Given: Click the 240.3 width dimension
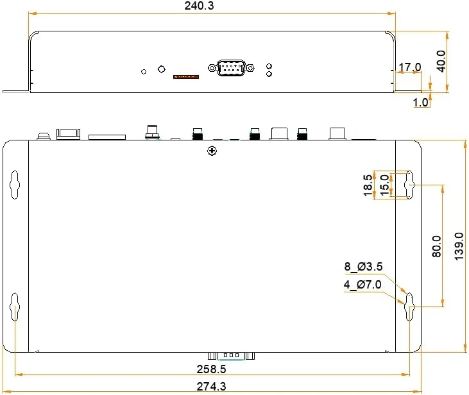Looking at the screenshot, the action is point(199,6).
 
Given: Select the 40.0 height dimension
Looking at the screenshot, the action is point(441,62).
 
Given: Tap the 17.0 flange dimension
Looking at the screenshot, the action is point(410,67).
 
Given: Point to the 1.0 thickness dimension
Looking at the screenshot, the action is point(420,103).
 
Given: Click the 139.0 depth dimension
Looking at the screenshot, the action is point(459,246).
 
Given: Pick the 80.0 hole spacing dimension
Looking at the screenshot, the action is point(437,246).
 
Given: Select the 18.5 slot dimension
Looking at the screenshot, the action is point(368,185).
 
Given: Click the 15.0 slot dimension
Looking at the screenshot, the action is point(385,185).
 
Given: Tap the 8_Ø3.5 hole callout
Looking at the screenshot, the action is point(363,266).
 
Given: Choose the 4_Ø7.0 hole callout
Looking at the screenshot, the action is point(362,284).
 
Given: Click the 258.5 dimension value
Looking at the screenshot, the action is point(211,369).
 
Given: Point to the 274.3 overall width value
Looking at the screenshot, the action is point(211,387).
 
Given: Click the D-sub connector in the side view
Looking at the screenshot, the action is point(231,68).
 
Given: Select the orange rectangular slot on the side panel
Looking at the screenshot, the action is point(186,77).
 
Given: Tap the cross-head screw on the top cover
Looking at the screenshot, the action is point(212,151).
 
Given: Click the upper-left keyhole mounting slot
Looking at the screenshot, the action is point(15,185).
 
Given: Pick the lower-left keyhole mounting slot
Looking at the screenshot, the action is point(15,307).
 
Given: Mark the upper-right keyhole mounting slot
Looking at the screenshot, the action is point(409,185).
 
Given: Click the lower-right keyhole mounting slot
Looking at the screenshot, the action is point(409,307).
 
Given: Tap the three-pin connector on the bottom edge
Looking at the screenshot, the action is point(231,356).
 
